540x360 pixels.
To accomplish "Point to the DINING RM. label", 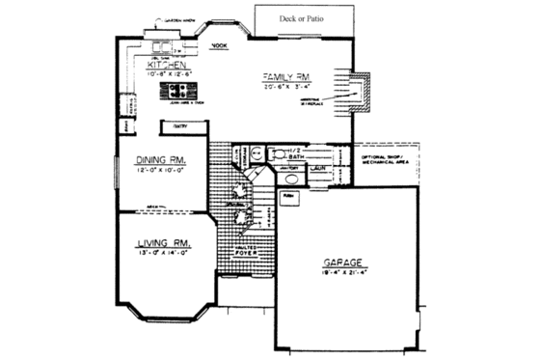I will [161, 161].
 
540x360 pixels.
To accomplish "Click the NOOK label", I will [219, 45].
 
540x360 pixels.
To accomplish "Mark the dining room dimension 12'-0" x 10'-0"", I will [161, 171].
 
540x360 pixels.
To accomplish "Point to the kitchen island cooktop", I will [180, 91].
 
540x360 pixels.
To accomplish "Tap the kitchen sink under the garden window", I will [161, 44].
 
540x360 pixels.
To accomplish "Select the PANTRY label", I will [180, 125].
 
